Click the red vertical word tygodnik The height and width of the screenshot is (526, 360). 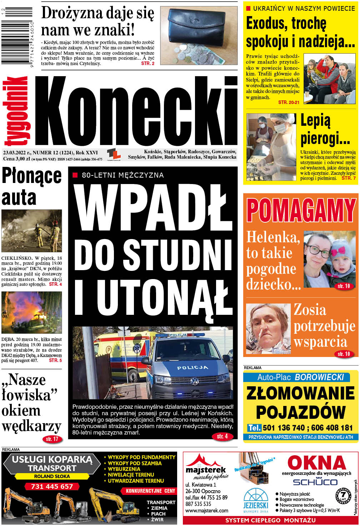(x=16, y=111)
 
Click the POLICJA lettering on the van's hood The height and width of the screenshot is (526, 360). (x=192, y=367)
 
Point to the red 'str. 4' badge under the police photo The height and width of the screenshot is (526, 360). (x=222, y=436)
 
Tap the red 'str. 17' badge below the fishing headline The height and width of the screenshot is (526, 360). (x=52, y=439)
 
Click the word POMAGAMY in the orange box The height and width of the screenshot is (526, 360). (x=301, y=211)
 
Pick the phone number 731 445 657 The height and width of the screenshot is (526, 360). (x=52, y=486)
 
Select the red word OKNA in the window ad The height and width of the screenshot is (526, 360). (x=316, y=463)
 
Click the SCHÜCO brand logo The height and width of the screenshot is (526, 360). (x=315, y=482)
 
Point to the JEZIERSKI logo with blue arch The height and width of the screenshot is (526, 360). (x=256, y=500)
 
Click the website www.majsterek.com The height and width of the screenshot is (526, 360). (x=207, y=510)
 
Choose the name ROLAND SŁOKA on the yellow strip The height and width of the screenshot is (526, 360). (x=52, y=476)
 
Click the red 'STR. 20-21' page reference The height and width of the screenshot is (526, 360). (x=289, y=102)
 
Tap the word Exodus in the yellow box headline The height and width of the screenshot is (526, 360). (x=266, y=24)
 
